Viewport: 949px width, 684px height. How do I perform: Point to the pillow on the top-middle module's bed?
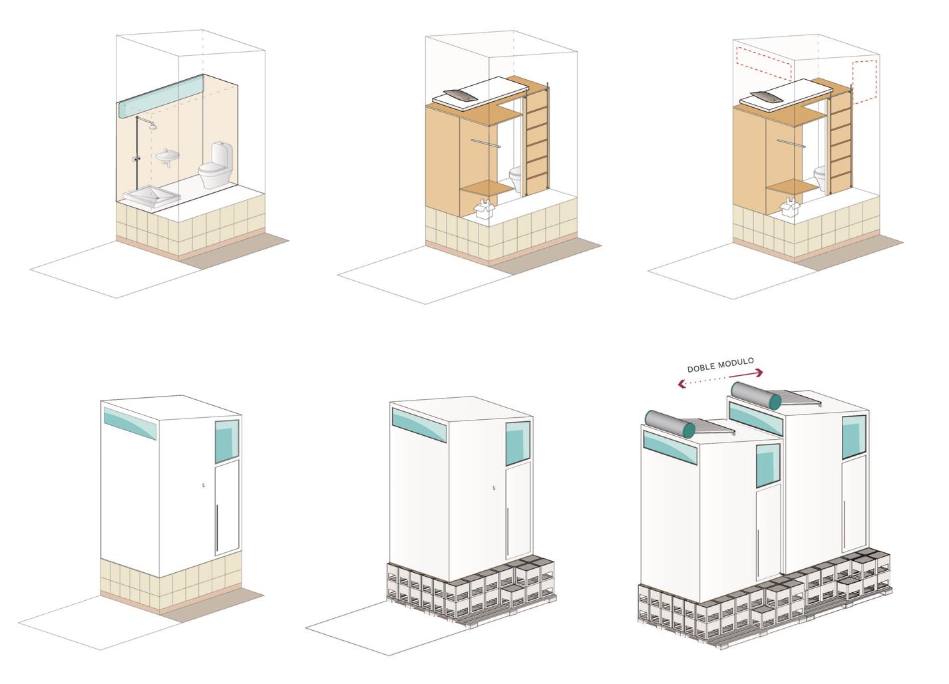tap(460, 95)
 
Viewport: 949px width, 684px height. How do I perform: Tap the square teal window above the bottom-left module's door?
tap(227, 440)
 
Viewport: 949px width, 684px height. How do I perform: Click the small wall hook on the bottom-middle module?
tap(493, 490)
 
